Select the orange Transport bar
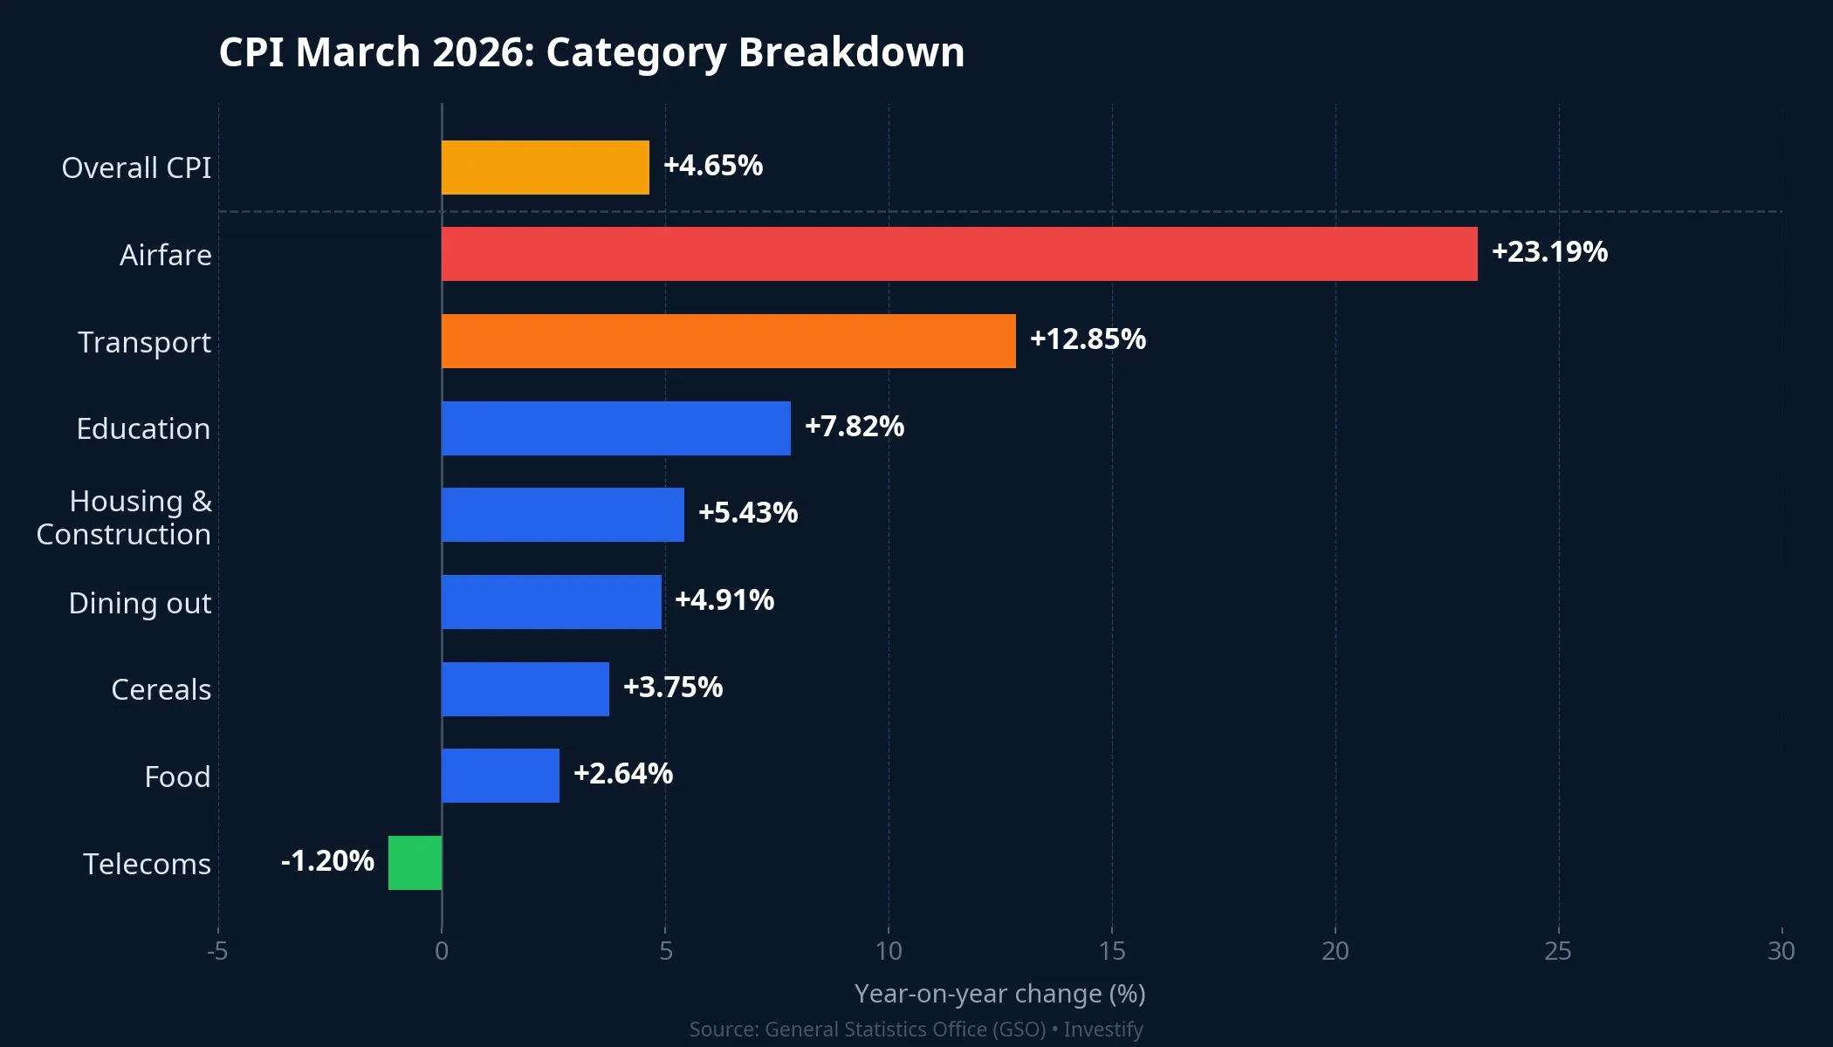(x=728, y=341)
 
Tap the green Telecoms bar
(x=415, y=863)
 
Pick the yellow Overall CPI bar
(x=545, y=168)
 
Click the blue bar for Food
(x=500, y=776)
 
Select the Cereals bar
(x=525, y=689)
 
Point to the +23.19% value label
(x=1549, y=252)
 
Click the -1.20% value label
(x=327, y=861)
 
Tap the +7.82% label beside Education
(x=854, y=427)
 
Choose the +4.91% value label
(x=724, y=600)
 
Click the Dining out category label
(x=140, y=603)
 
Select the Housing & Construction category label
(x=124, y=517)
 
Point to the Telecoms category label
(x=147, y=864)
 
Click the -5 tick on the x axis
(x=217, y=951)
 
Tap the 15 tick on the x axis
(x=1111, y=951)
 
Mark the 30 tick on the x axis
(x=1781, y=951)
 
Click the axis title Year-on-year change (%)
(x=999, y=994)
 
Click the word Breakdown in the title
(x=851, y=52)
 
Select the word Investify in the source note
(x=1103, y=1030)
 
